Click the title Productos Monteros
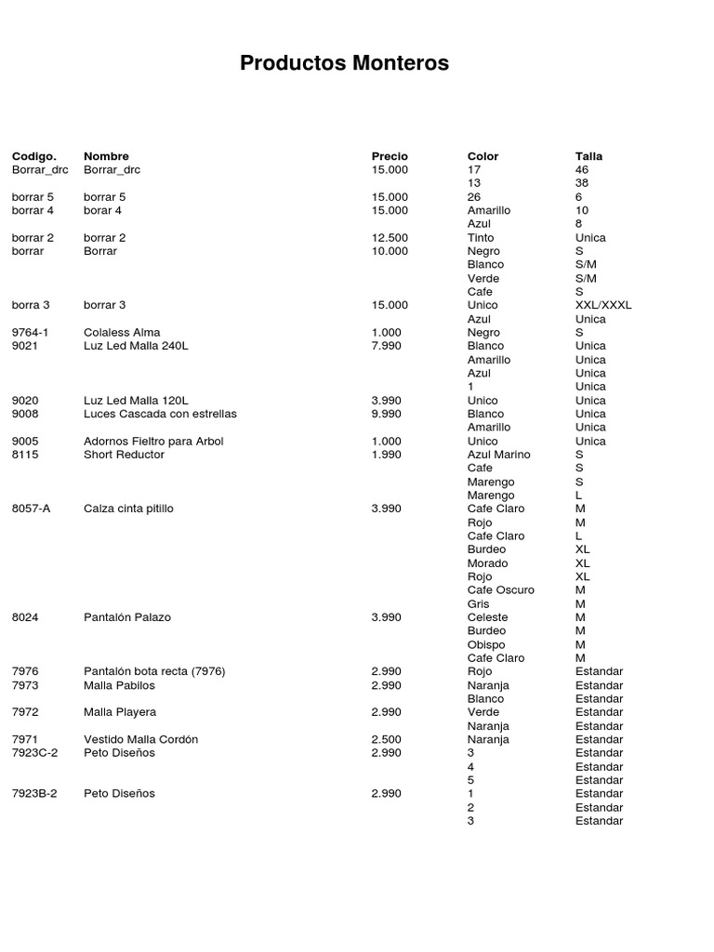coord(344,63)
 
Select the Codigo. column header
coord(34,156)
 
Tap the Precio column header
coord(390,156)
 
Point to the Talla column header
coord(588,156)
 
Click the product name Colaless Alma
coord(122,332)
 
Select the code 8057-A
coord(33,509)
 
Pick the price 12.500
coord(390,238)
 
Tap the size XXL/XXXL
coord(603,305)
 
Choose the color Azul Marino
coord(499,455)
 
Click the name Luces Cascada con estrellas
coord(160,414)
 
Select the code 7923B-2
coord(34,794)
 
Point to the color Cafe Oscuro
coord(501,590)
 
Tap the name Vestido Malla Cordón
coord(140,739)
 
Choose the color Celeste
coord(488,617)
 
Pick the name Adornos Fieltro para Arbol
coord(153,441)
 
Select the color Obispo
coord(486,644)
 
